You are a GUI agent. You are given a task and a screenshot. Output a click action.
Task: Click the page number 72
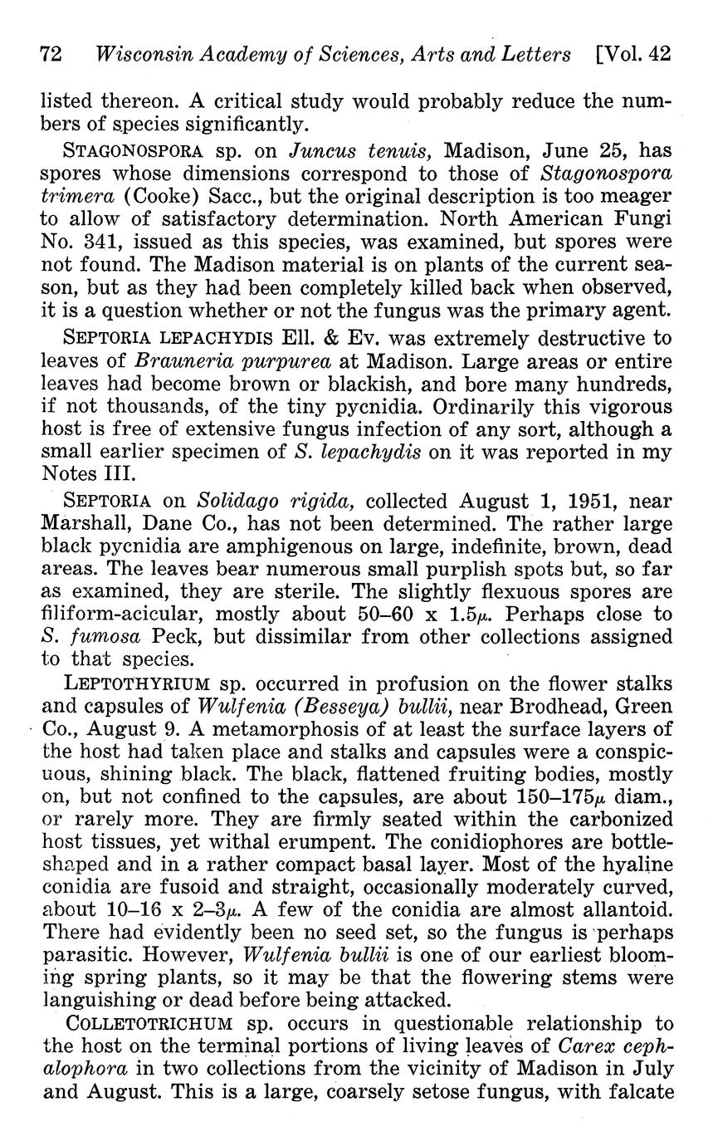[51, 56]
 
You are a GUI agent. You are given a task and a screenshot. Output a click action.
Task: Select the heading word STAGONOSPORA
[134, 153]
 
